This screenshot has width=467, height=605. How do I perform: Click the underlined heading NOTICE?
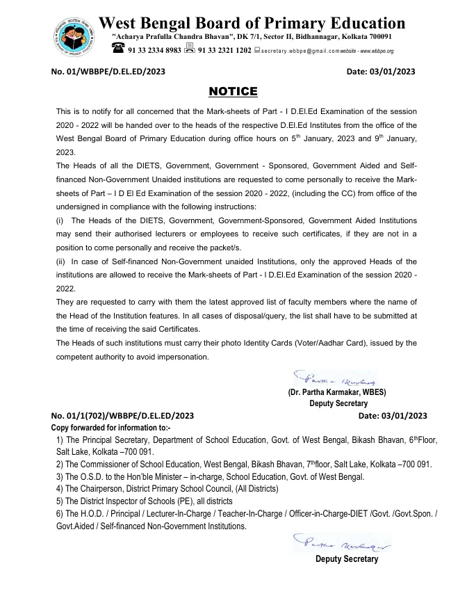(233, 92)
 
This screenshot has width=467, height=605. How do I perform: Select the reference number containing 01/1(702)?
(123, 415)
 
